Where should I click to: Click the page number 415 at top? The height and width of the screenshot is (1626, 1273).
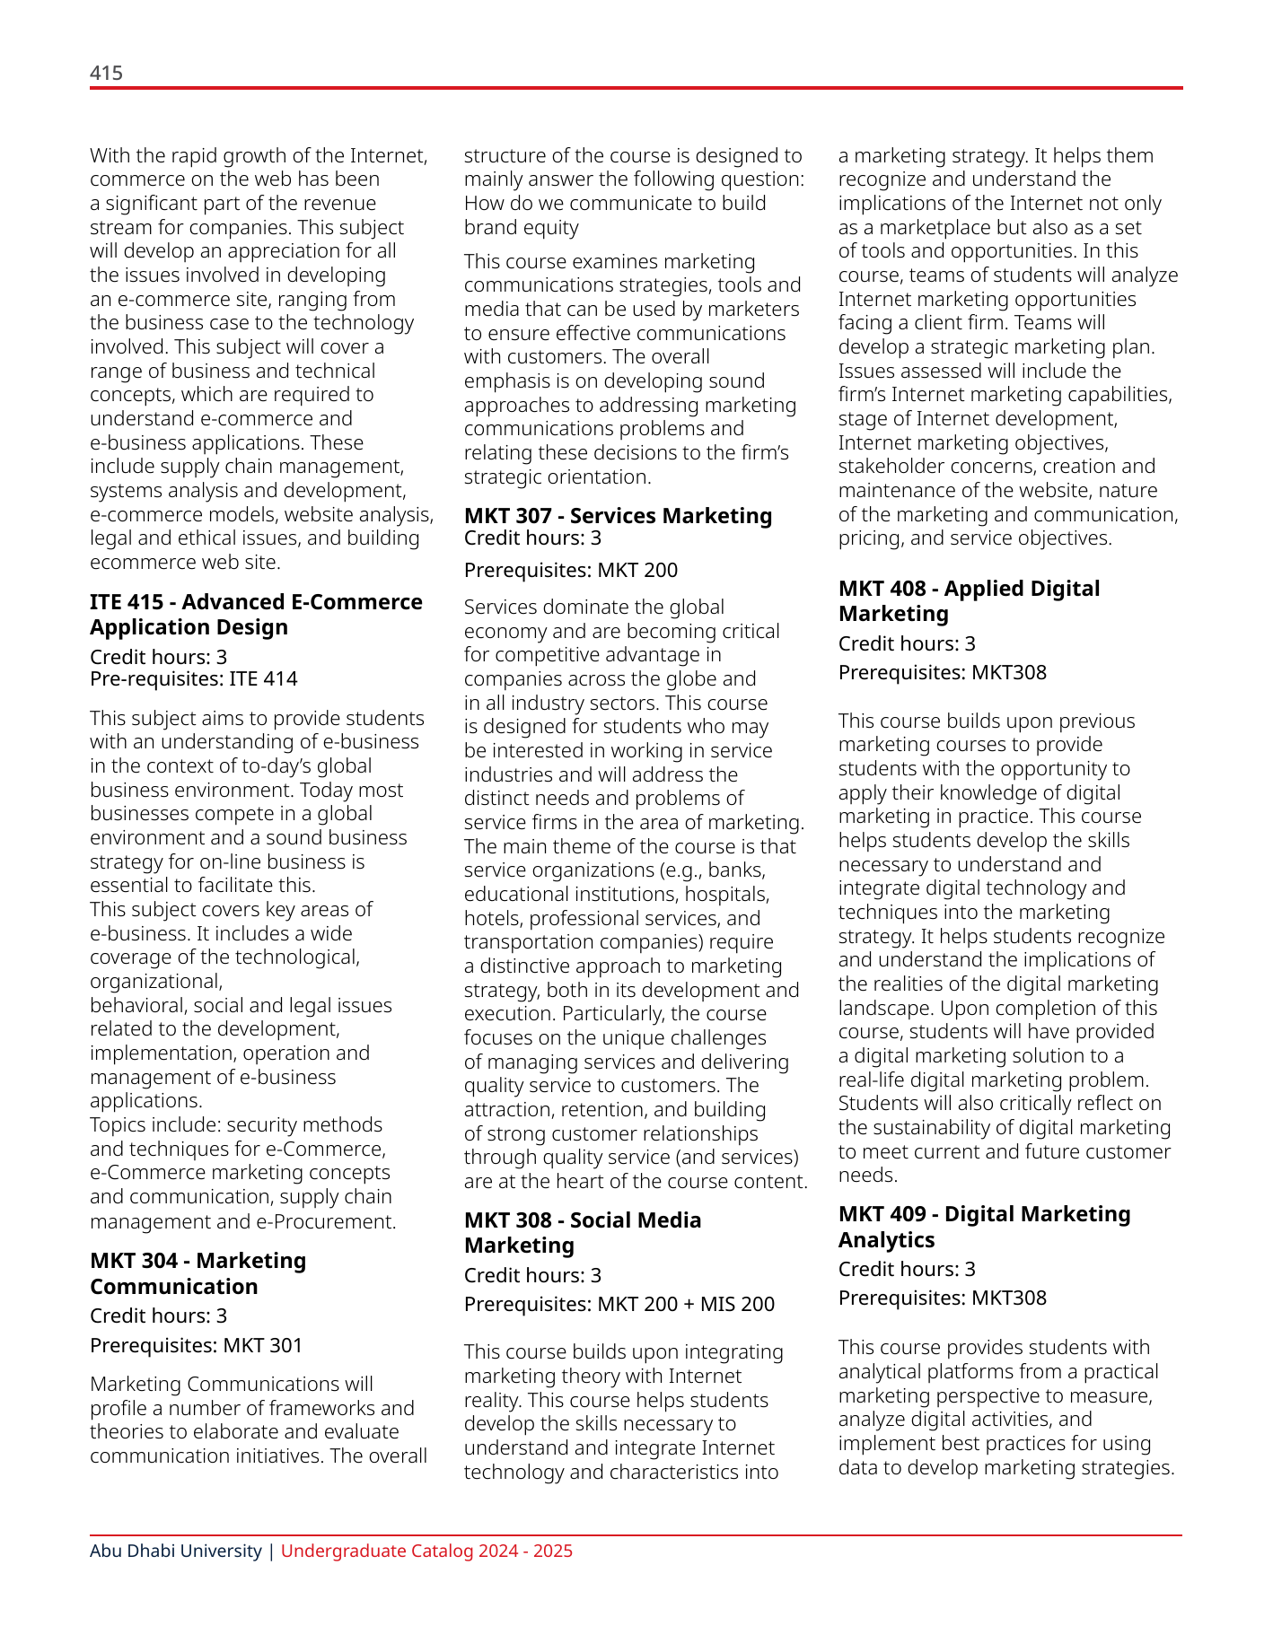click(x=106, y=74)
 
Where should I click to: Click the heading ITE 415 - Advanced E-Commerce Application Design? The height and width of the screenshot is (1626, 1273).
click(x=255, y=615)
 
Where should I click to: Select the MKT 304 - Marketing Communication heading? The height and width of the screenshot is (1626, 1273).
click(x=198, y=1273)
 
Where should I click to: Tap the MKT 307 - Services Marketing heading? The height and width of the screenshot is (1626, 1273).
click(x=618, y=516)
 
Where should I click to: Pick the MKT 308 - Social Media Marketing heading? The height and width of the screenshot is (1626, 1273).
click(x=582, y=1233)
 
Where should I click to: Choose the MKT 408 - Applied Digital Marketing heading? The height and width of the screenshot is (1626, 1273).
click(x=969, y=601)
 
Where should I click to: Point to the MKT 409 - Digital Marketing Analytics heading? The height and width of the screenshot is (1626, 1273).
click(x=984, y=1227)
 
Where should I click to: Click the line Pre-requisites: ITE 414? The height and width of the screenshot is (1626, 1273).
click(x=193, y=679)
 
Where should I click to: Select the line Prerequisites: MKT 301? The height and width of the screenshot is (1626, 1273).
click(x=196, y=1345)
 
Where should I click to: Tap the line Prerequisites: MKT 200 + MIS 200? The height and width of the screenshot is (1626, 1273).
click(x=619, y=1304)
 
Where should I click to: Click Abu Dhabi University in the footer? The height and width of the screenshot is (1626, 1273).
click(x=175, y=1551)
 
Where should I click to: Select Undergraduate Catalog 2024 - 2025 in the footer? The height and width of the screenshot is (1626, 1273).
click(x=426, y=1551)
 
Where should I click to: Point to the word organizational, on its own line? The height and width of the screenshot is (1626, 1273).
click(x=156, y=982)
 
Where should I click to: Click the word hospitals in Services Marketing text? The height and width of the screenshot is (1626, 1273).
click(x=726, y=895)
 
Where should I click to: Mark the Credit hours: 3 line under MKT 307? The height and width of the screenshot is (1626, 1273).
click(x=532, y=538)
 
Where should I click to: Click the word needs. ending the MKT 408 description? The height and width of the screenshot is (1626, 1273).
click(x=868, y=1176)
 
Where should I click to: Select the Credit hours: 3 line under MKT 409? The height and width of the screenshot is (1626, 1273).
click(x=907, y=1269)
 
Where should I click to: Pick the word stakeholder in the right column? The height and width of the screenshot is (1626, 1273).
click(x=891, y=467)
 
